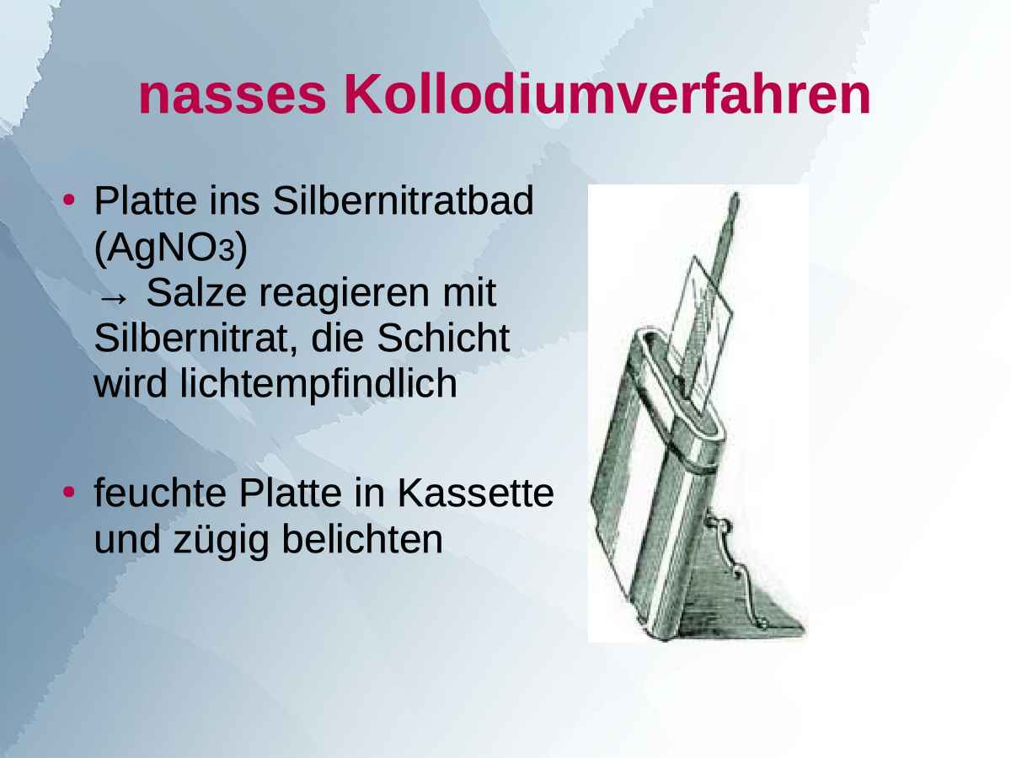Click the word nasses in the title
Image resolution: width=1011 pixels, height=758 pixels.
click(233, 97)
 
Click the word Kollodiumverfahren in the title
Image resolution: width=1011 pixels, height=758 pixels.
click(607, 97)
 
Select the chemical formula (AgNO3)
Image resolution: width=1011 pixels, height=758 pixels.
click(170, 248)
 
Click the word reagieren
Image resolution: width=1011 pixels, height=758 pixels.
click(342, 293)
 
